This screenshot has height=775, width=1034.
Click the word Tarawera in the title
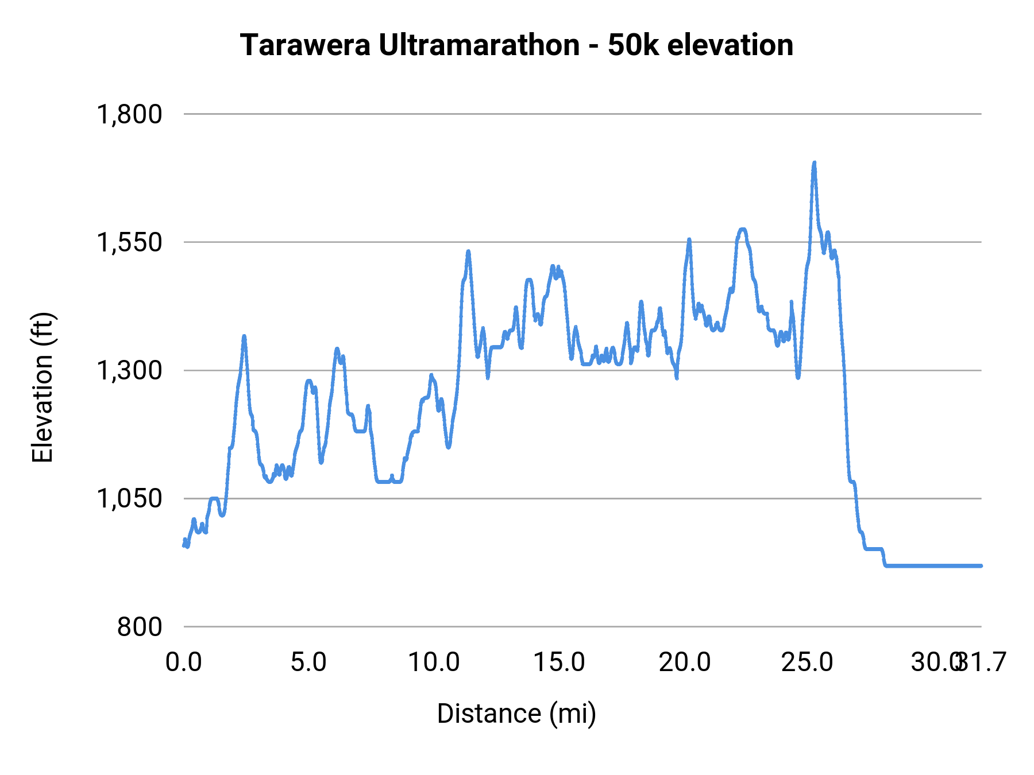click(x=305, y=45)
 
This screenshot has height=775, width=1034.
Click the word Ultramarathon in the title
click(x=479, y=45)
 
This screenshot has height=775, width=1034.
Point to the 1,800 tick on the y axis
click(x=129, y=114)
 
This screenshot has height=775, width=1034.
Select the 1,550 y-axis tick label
click(x=129, y=242)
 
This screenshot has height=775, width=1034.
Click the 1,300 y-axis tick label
click(x=129, y=371)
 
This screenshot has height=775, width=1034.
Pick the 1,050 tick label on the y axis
click(x=129, y=498)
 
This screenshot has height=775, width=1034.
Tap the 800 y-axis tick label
click(x=140, y=627)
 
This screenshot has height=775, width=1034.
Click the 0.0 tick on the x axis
click(x=184, y=662)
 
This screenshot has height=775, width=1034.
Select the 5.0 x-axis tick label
click(x=308, y=662)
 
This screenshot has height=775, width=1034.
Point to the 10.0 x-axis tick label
click(x=434, y=662)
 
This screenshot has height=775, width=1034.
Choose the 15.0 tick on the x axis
click(x=559, y=662)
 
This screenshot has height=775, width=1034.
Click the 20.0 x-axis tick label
click(x=684, y=662)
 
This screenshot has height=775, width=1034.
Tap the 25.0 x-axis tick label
click(x=807, y=662)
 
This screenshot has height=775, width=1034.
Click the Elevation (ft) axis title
click(x=43, y=387)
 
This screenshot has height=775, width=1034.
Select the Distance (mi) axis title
click(x=516, y=714)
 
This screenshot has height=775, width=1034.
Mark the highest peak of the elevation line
click(x=814, y=163)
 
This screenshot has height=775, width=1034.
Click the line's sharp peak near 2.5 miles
click(x=244, y=336)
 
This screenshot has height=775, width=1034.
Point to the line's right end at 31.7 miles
click(x=981, y=565)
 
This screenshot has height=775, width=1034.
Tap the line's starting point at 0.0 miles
click(x=184, y=545)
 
